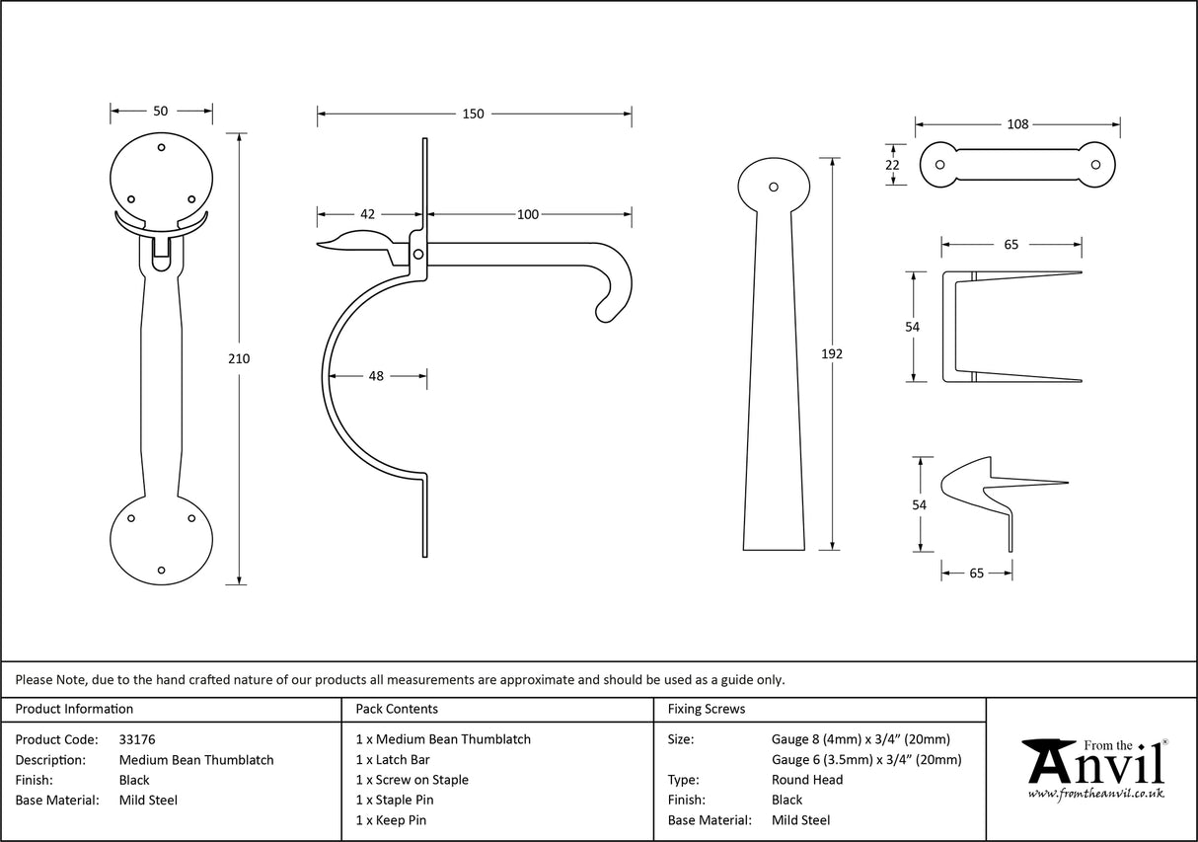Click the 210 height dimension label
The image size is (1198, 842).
239,359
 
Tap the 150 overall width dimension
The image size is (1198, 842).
474,114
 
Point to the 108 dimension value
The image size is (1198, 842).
1017,124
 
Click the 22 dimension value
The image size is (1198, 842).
892,165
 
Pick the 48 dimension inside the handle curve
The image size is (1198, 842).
377,375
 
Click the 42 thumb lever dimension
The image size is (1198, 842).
367,214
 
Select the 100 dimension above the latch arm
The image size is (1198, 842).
528,214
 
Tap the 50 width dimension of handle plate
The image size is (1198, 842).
161,111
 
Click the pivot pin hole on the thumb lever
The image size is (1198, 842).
418,255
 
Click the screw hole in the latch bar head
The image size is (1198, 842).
774,186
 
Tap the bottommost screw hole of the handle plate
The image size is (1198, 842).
162,570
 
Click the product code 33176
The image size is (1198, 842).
137,739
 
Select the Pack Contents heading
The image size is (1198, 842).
397,709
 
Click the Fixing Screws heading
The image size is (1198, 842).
707,709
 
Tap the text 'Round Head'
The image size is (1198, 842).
806,780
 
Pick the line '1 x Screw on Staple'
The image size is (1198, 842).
412,780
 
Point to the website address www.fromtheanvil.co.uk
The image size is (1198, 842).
1095,794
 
